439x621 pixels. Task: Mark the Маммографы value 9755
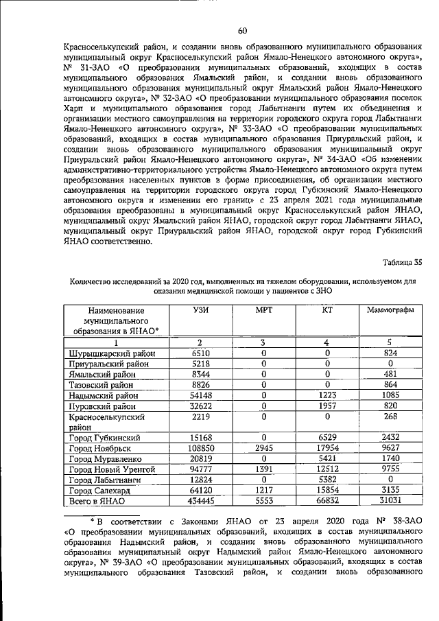pos(390,469)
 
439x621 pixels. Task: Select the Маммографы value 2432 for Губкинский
pos(390,437)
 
